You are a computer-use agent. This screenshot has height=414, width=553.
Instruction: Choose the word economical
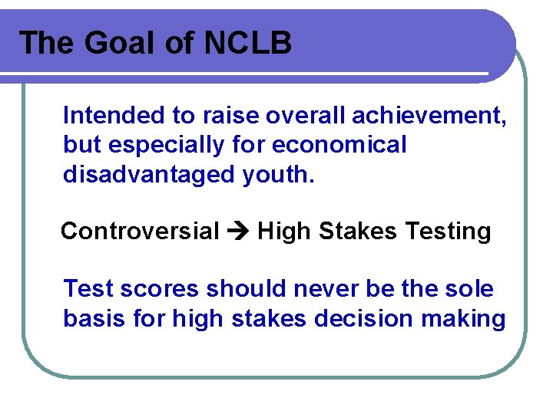click(339, 145)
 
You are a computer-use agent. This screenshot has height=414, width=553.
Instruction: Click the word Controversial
click(140, 232)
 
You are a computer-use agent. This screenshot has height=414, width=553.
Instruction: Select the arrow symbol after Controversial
click(238, 232)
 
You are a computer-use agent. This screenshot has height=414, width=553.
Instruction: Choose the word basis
click(91, 318)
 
